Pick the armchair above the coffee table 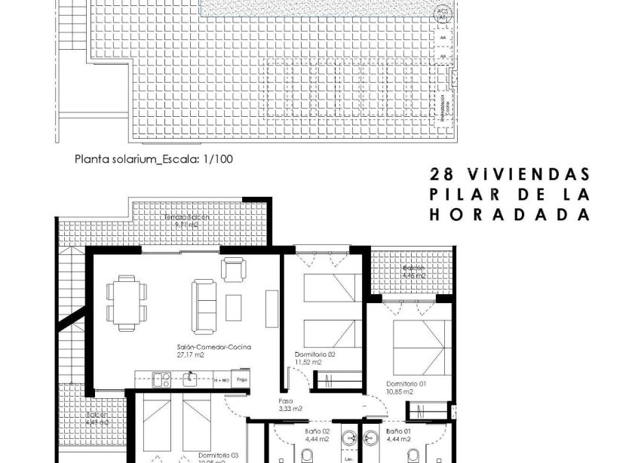[232, 268]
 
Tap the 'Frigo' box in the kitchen [242, 379]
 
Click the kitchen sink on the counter [190, 379]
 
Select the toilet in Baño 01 [414, 455]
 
